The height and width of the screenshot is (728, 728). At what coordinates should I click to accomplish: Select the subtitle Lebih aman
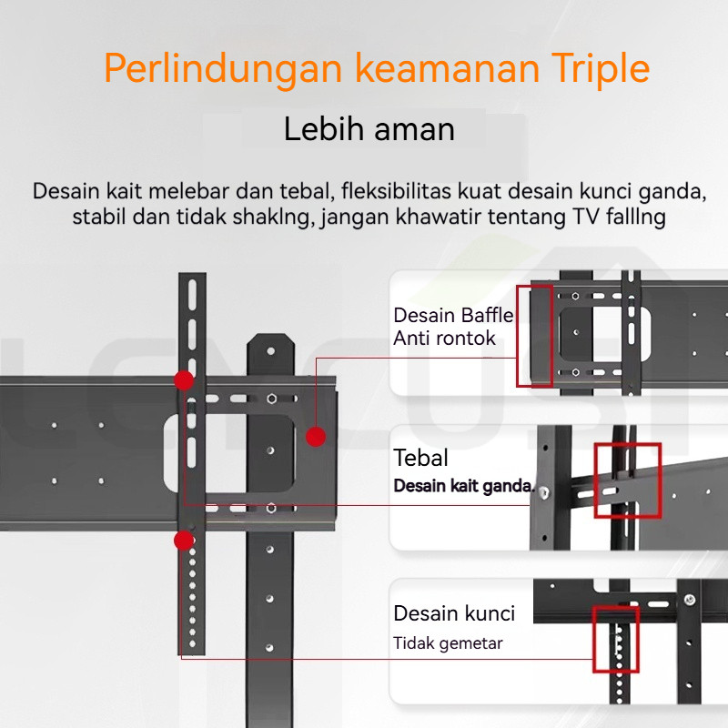(369, 129)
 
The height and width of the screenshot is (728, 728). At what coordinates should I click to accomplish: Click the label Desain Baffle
(453, 316)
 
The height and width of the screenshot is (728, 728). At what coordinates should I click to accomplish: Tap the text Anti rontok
(444, 339)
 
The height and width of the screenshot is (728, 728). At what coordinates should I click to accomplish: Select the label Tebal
(420, 458)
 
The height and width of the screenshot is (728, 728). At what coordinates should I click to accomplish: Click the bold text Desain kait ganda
(463, 486)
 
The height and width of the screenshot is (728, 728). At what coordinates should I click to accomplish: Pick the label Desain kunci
(454, 613)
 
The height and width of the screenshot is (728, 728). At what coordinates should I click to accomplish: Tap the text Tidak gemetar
(448, 643)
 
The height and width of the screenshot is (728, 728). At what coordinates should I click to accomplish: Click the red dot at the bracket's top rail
(184, 379)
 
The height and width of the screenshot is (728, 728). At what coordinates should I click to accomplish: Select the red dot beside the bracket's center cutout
(316, 437)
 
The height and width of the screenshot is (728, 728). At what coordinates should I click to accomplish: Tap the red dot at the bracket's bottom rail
(184, 541)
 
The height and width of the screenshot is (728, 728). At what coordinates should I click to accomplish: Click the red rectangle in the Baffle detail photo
(534, 336)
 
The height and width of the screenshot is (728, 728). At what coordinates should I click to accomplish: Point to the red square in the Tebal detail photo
(628, 480)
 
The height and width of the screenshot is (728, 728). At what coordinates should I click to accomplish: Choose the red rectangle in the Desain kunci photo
(616, 640)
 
